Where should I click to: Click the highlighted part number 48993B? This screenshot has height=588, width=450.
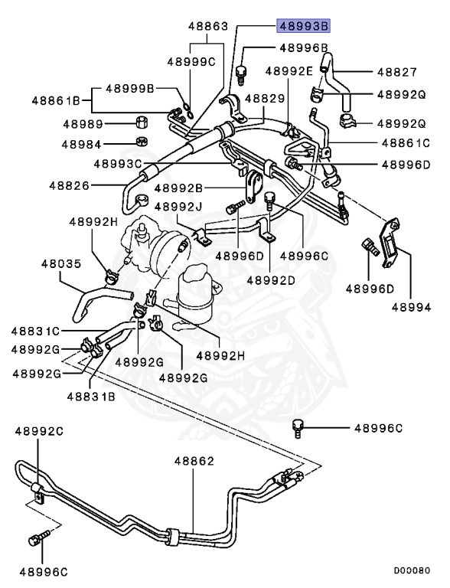[x=303, y=26]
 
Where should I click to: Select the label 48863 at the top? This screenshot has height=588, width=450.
[x=208, y=26]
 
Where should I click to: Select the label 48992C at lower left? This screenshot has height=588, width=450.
[x=38, y=431]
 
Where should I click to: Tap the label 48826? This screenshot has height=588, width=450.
[x=70, y=185]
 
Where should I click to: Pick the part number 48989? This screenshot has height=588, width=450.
[x=82, y=123]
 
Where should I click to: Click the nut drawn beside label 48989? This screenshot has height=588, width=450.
[x=141, y=123]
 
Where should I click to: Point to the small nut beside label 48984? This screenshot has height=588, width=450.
[x=141, y=142]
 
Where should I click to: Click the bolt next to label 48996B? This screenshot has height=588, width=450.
[x=243, y=74]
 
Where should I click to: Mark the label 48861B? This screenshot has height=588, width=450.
[x=56, y=100]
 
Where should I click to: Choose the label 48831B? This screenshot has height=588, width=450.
[x=90, y=396]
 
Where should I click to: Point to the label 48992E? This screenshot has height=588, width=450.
[x=289, y=71]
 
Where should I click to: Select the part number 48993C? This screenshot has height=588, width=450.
[x=118, y=163]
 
